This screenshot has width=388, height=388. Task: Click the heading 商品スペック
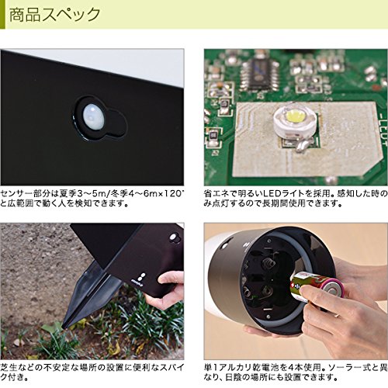54,15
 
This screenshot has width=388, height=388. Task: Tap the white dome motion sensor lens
94,116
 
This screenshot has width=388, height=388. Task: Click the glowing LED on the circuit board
295,116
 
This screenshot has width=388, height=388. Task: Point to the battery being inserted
317,286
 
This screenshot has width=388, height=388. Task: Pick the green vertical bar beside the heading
2,15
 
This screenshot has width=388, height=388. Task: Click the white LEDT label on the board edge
383,130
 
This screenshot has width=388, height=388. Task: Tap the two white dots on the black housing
143,276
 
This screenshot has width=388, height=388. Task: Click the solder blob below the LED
302,146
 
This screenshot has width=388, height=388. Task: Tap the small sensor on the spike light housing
173,237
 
